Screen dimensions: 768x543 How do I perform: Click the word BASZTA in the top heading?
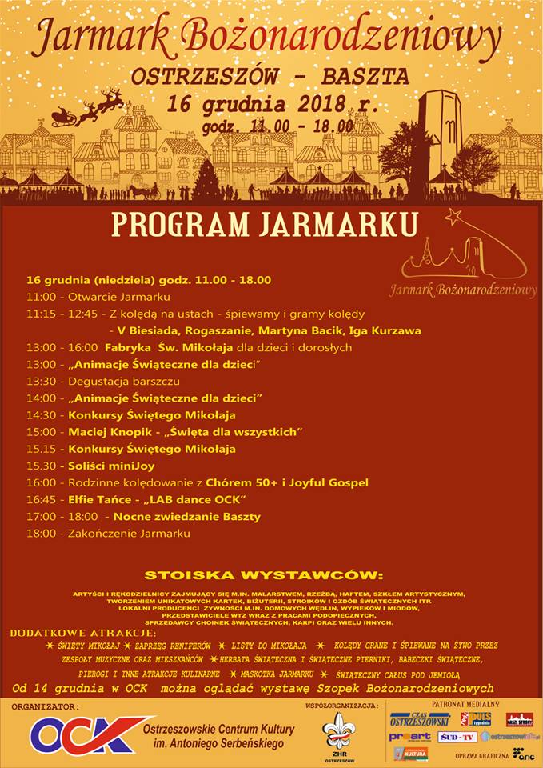[x=371, y=76]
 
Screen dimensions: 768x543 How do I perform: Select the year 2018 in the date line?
[x=297, y=105]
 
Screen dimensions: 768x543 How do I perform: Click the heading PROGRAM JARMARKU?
[x=264, y=224]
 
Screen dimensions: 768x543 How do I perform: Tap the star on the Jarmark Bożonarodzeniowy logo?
[x=455, y=217]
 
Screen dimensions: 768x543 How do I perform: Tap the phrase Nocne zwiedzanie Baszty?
[x=186, y=517]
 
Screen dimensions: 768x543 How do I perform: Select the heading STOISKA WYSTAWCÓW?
[x=264, y=575]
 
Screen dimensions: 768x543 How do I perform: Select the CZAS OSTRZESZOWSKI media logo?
[x=420, y=718]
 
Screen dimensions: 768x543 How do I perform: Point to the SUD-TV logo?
[x=457, y=736]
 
